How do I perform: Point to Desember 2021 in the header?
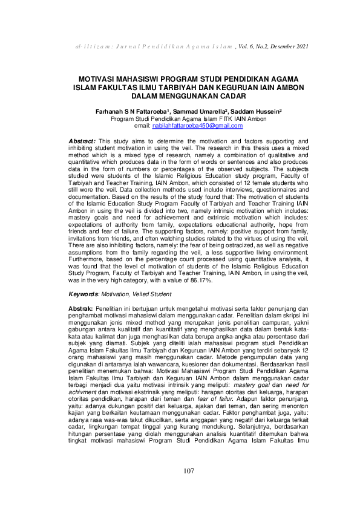pos(290,47)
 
